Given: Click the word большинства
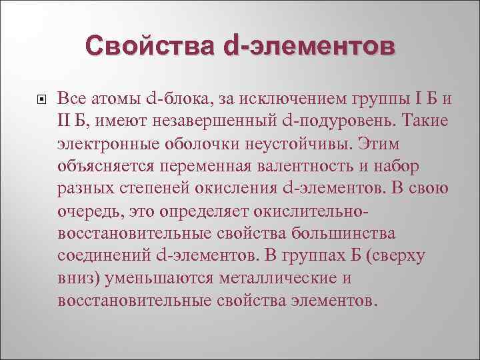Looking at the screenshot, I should tap(339, 233).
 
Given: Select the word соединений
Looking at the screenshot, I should tap(104, 255).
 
